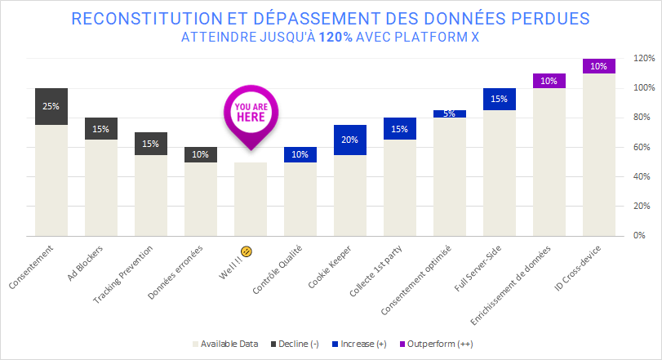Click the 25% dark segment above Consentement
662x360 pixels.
(x=51, y=106)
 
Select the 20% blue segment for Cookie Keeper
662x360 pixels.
(x=350, y=140)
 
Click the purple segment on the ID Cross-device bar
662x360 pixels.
(x=599, y=66)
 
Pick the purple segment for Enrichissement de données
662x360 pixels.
(x=549, y=81)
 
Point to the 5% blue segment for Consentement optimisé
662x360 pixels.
(x=450, y=113)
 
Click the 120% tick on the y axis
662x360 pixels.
(x=644, y=59)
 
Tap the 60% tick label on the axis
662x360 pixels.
(x=642, y=147)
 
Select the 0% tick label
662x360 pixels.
(x=641, y=235)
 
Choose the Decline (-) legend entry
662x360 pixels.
(x=295, y=343)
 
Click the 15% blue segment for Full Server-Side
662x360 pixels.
(x=500, y=99)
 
